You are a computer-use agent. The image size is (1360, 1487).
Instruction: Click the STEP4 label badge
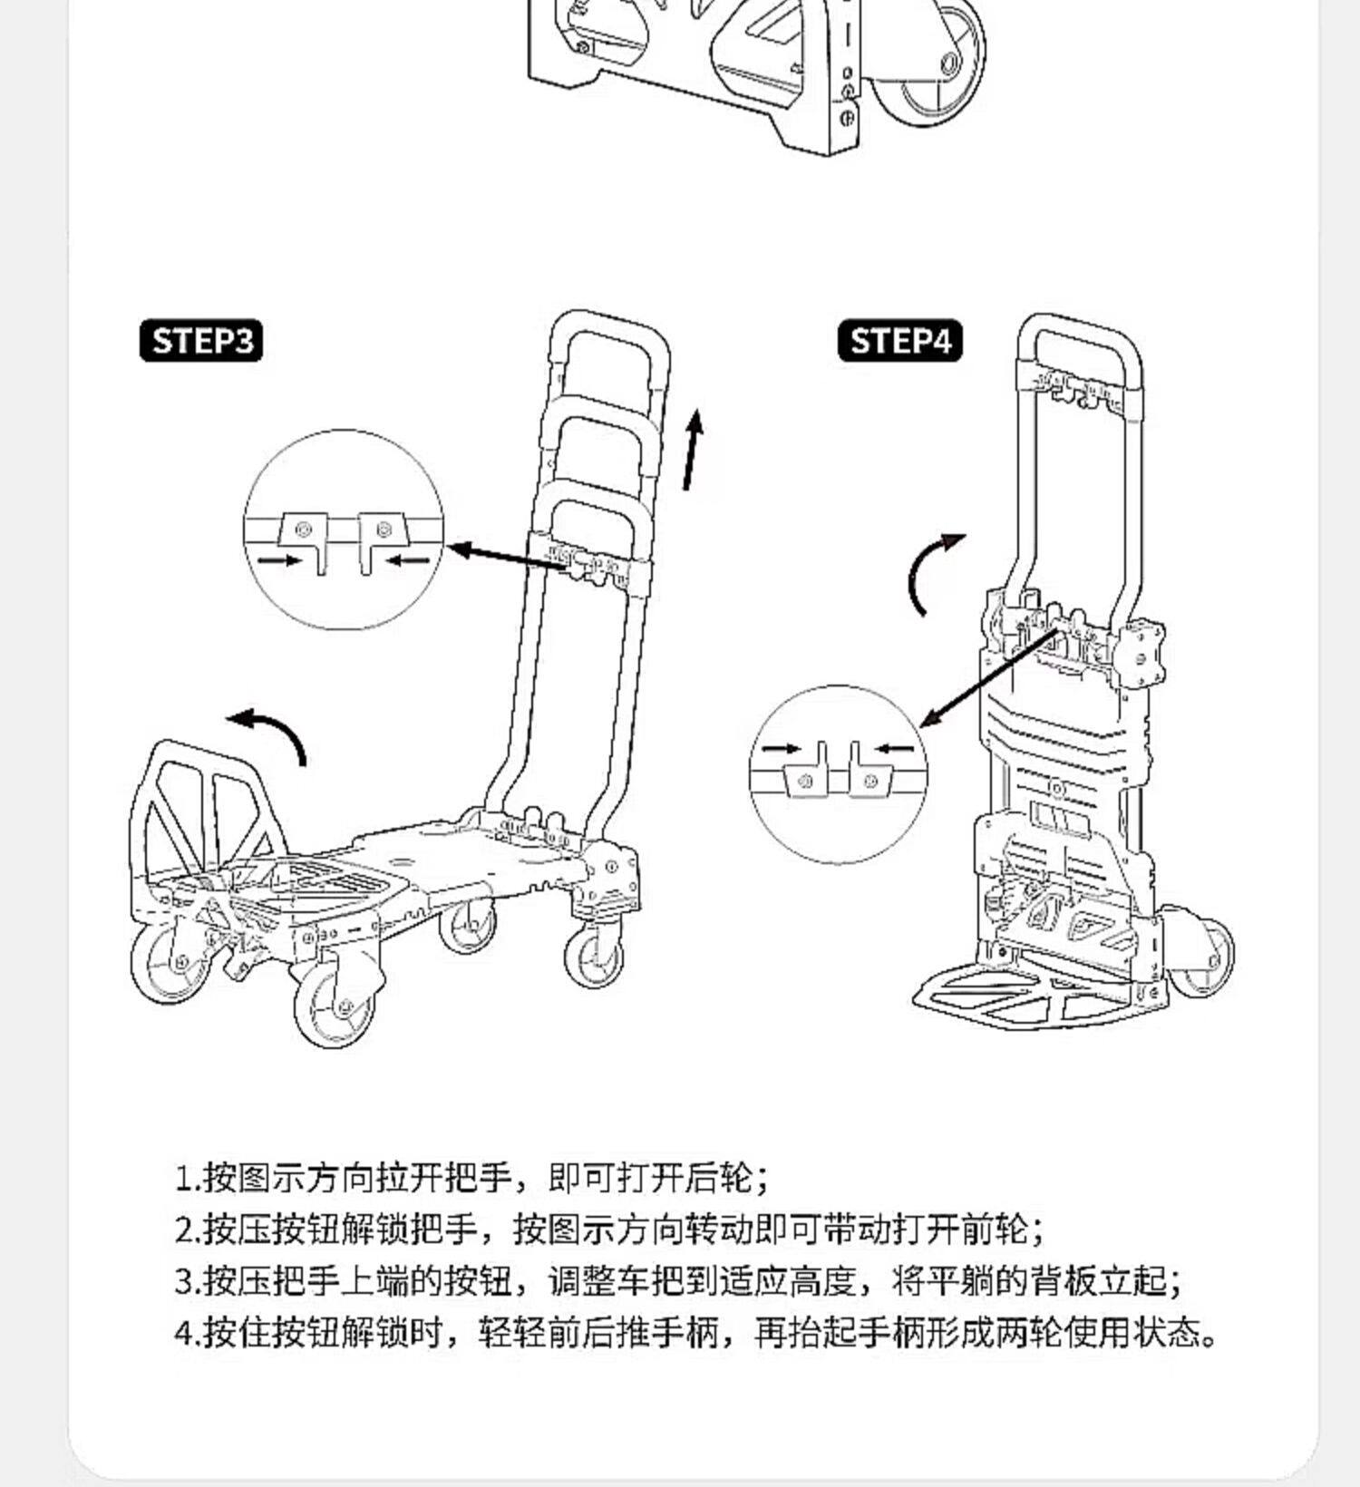(x=899, y=341)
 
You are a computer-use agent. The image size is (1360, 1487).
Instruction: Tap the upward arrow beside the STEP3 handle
(x=693, y=450)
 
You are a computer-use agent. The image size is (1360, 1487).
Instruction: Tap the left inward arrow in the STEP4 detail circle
(x=782, y=749)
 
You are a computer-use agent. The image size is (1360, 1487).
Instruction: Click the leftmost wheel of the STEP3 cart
(x=172, y=961)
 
